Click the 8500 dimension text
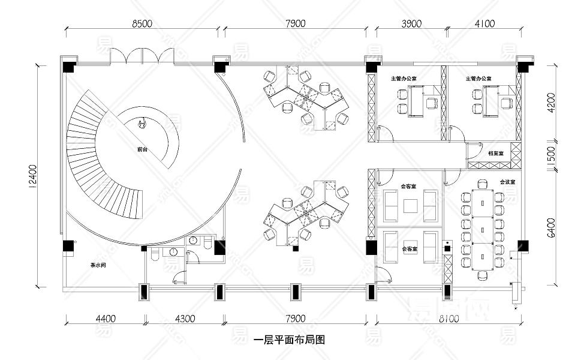point(142,23)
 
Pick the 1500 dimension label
point(552,157)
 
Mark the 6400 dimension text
point(552,228)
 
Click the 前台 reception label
point(142,148)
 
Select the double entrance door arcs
point(142,55)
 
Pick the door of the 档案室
point(475,149)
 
